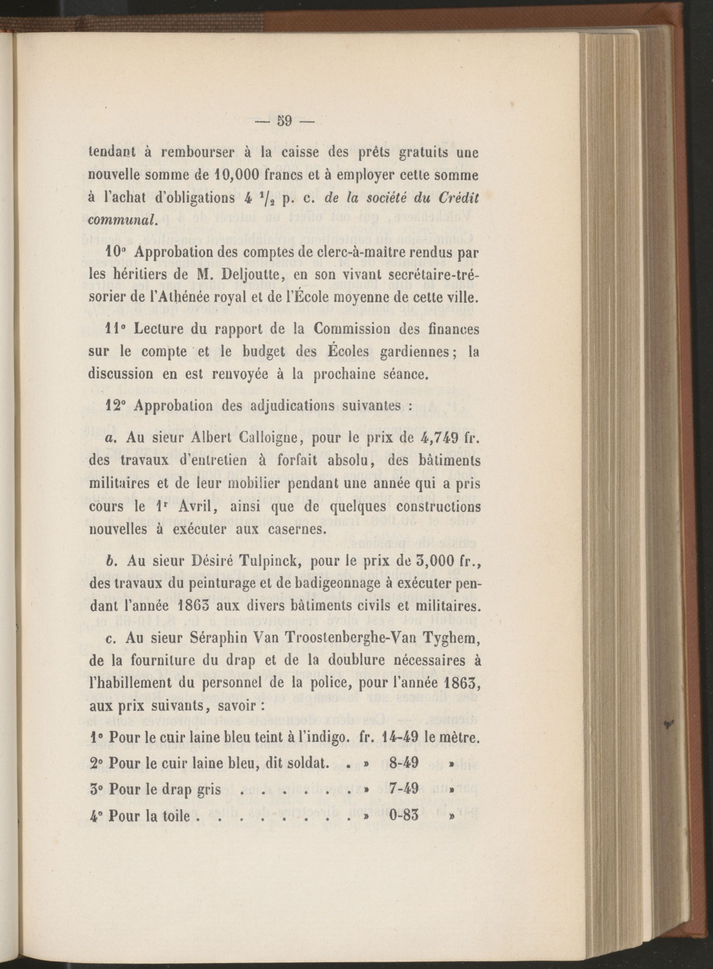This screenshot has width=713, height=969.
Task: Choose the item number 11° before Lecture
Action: tap(116, 329)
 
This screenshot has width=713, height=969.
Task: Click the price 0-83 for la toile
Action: tap(404, 815)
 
